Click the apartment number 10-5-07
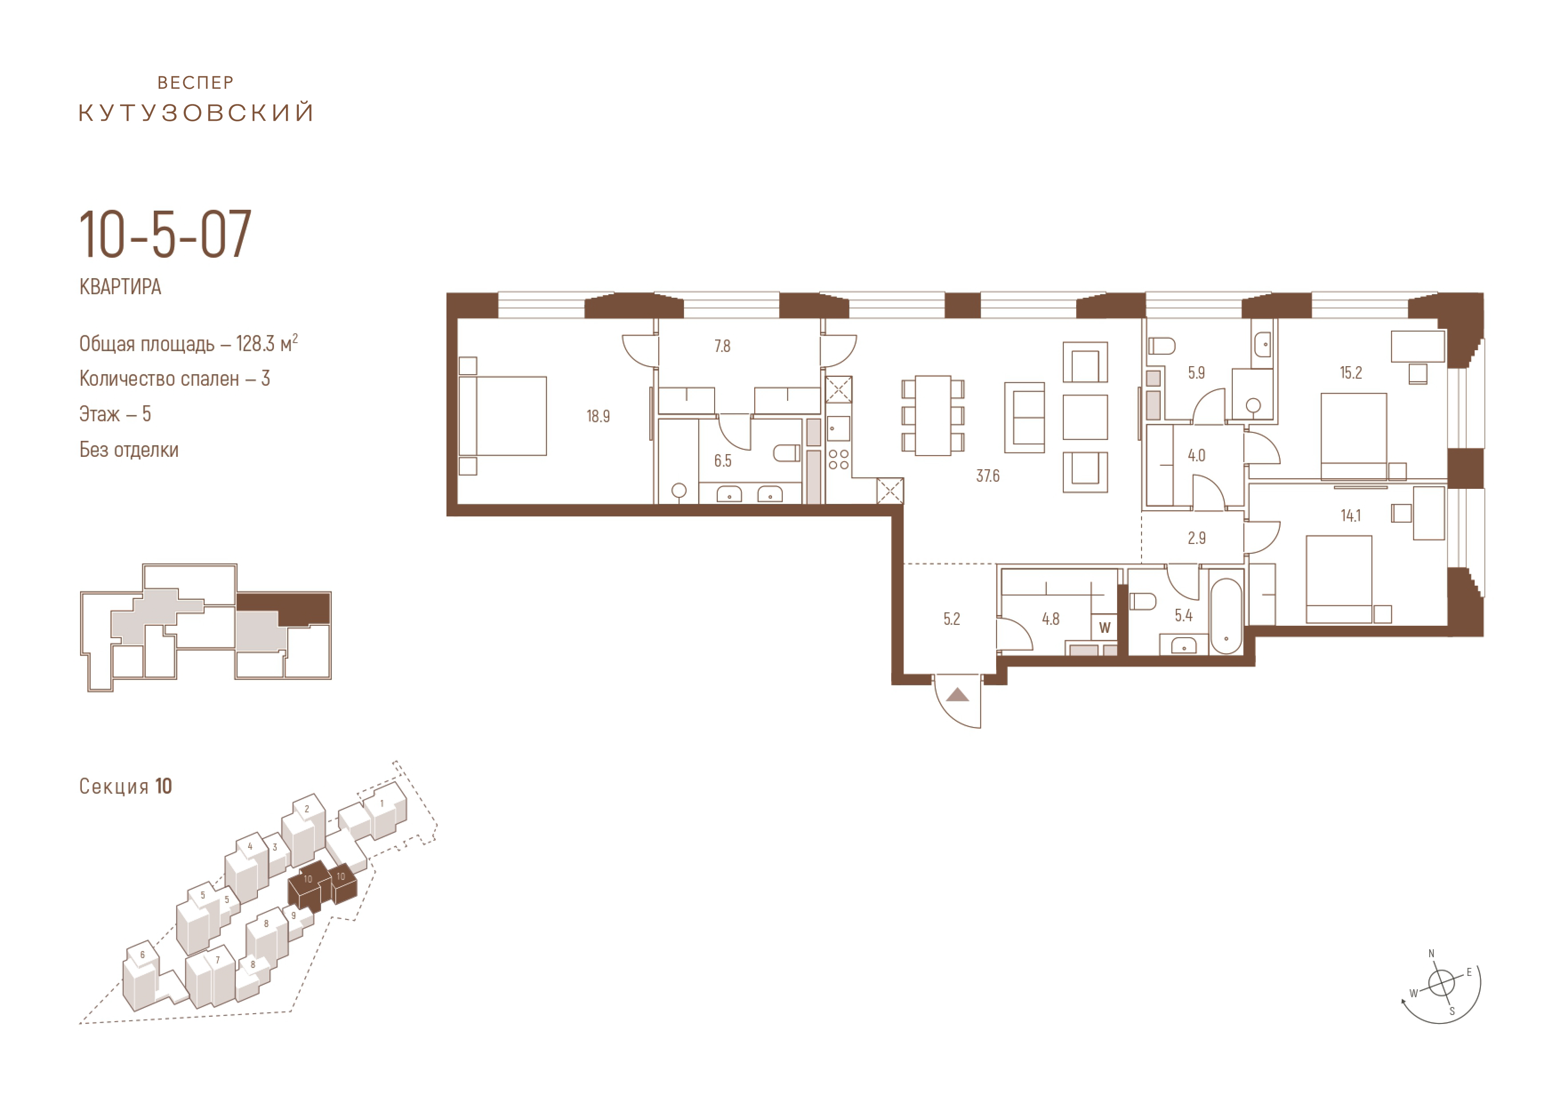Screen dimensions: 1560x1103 (x=165, y=235)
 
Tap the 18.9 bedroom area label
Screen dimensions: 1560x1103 (x=598, y=416)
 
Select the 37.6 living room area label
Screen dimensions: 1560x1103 (x=987, y=476)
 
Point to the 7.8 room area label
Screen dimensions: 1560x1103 (x=722, y=346)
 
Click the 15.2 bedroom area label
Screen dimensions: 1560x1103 (x=1351, y=373)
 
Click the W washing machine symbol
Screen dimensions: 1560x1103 (x=1105, y=627)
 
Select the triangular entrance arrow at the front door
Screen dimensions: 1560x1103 (x=957, y=694)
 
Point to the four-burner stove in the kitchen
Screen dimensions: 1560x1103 (x=838, y=459)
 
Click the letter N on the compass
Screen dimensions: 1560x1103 (x=1431, y=954)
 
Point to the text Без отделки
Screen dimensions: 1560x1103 (x=129, y=450)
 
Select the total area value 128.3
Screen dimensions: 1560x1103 (x=255, y=344)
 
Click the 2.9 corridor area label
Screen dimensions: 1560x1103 (x=1197, y=538)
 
